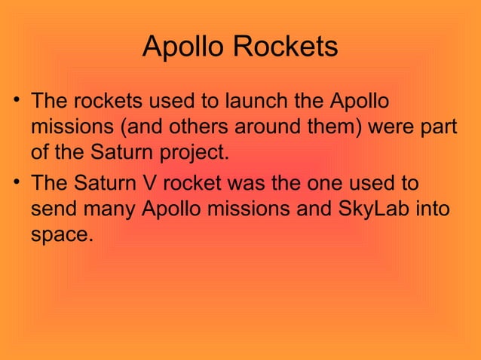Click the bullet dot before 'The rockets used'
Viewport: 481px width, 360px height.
(15, 100)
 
